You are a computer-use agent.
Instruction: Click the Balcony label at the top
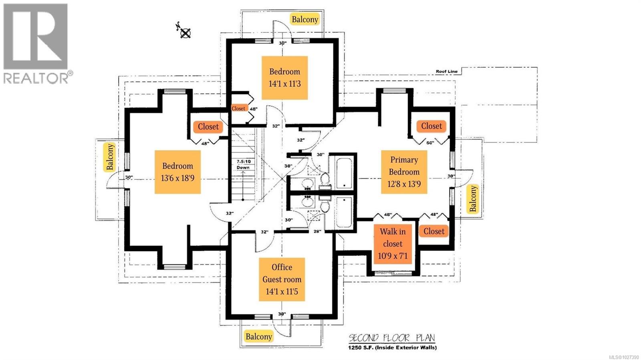coord(304,19)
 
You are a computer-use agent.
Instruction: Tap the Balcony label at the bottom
coord(258,336)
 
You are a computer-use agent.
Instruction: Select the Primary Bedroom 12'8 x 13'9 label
coord(404,172)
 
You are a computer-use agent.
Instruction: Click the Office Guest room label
coord(282,279)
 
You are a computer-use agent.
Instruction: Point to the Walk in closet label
coord(393,243)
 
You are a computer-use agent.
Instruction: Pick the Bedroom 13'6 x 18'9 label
coord(177,172)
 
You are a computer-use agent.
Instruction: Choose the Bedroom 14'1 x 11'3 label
coord(284,78)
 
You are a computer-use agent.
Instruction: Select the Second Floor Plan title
coord(391,338)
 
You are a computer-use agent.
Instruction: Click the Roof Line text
coord(446,72)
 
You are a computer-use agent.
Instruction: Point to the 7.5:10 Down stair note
coord(243,165)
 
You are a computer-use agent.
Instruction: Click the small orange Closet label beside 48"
coord(238,109)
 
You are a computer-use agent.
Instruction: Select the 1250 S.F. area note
coord(392,348)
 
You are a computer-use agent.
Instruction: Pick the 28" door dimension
coord(317,231)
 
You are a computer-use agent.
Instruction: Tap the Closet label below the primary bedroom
coord(433,231)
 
